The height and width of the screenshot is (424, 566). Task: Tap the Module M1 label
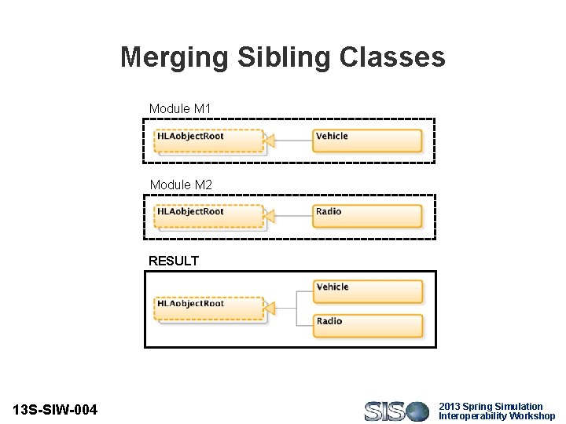(x=180, y=108)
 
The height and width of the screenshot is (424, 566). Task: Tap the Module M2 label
(x=180, y=185)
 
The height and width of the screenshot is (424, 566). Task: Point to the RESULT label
(x=174, y=261)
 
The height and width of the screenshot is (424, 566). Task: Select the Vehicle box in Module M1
(x=367, y=141)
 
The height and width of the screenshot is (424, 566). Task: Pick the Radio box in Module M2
(x=367, y=216)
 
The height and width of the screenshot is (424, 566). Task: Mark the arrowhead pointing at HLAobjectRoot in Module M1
(x=269, y=141)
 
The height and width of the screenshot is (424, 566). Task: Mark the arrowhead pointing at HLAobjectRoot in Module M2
(x=269, y=216)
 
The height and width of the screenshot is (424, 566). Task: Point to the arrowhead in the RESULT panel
(x=269, y=309)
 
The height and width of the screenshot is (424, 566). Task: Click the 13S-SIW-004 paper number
(x=56, y=410)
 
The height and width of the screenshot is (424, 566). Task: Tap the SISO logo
(x=396, y=411)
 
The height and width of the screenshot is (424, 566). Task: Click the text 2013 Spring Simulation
(x=491, y=406)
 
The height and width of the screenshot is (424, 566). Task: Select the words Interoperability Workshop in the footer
(x=497, y=416)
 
